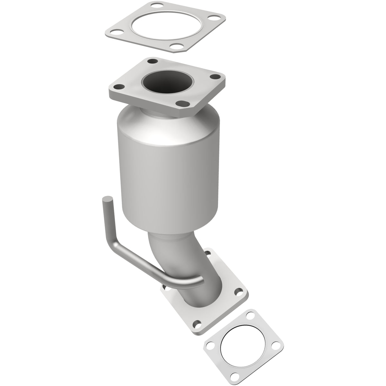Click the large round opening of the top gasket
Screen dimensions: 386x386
(x=164, y=27)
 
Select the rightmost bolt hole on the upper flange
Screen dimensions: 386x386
(x=215, y=77)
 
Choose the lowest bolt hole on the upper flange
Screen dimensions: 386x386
(x=184, y=103)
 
